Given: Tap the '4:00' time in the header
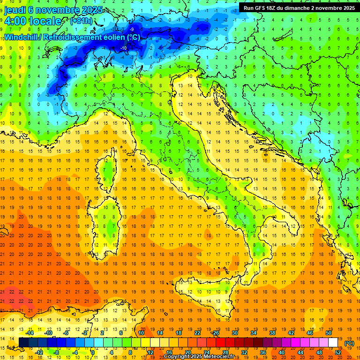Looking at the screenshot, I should [x=14, y=21].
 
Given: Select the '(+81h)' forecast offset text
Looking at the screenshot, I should [x=81, y=21].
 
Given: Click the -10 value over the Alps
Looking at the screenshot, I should [x=124, y=48].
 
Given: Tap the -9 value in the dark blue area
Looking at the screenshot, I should [x=132, y=30].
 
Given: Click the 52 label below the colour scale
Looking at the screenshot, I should [x=338, y=352].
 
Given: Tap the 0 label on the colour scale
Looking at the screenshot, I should [x=93, y=352].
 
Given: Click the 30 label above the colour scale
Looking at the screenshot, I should [x=234, y=333].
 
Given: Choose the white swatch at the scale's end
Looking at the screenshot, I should [x=333, y=342].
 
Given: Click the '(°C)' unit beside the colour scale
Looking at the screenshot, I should [x=349, y=343].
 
